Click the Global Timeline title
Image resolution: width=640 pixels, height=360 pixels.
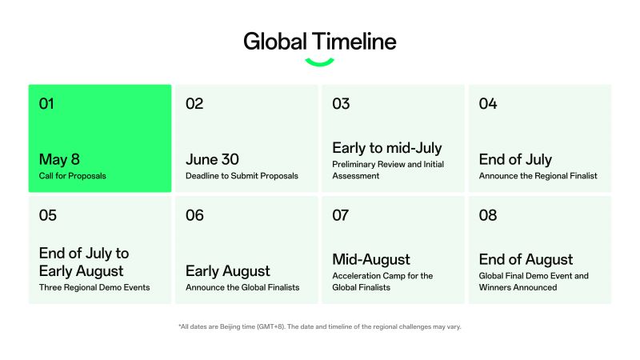tap(319, 41)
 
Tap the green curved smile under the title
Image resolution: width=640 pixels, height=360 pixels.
tap(319, 62)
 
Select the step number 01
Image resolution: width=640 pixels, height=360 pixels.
tap(48, 103)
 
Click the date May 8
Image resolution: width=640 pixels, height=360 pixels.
tap(60, 158)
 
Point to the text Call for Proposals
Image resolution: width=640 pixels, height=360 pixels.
tap(73, 175)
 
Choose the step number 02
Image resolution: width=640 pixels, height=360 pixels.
tap(194, 103)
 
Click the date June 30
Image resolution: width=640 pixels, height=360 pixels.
tap(212, 158)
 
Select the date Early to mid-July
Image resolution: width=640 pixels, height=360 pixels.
tap(386, 148)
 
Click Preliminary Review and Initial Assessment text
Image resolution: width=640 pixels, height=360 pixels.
tap(387, 170)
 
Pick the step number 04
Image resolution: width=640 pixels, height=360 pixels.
tap(488, 103)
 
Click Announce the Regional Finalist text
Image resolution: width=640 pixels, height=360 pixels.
tap(538, 175)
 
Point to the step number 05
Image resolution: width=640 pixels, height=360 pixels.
tap(48, 215)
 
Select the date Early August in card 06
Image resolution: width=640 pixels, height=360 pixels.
tap(227, 270)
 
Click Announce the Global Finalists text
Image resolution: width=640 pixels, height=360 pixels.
tap(242, 287)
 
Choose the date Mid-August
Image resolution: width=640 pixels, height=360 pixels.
tap(370, 259)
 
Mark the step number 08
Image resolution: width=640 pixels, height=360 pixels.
tap(488, 215)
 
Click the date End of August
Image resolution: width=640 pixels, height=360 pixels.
tap(526, 259)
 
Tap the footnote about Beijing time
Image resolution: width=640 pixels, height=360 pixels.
tap(319, 327)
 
